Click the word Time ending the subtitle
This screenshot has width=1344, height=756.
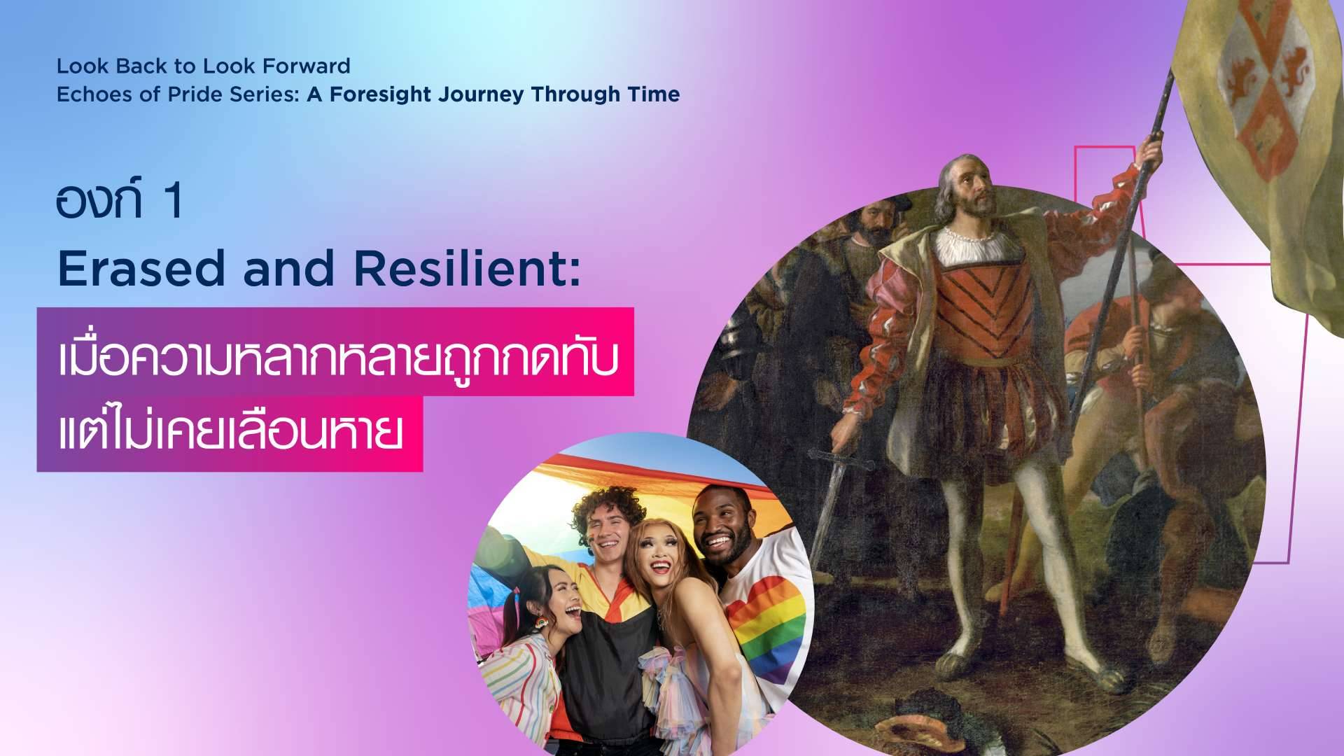[x=655, y=94]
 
